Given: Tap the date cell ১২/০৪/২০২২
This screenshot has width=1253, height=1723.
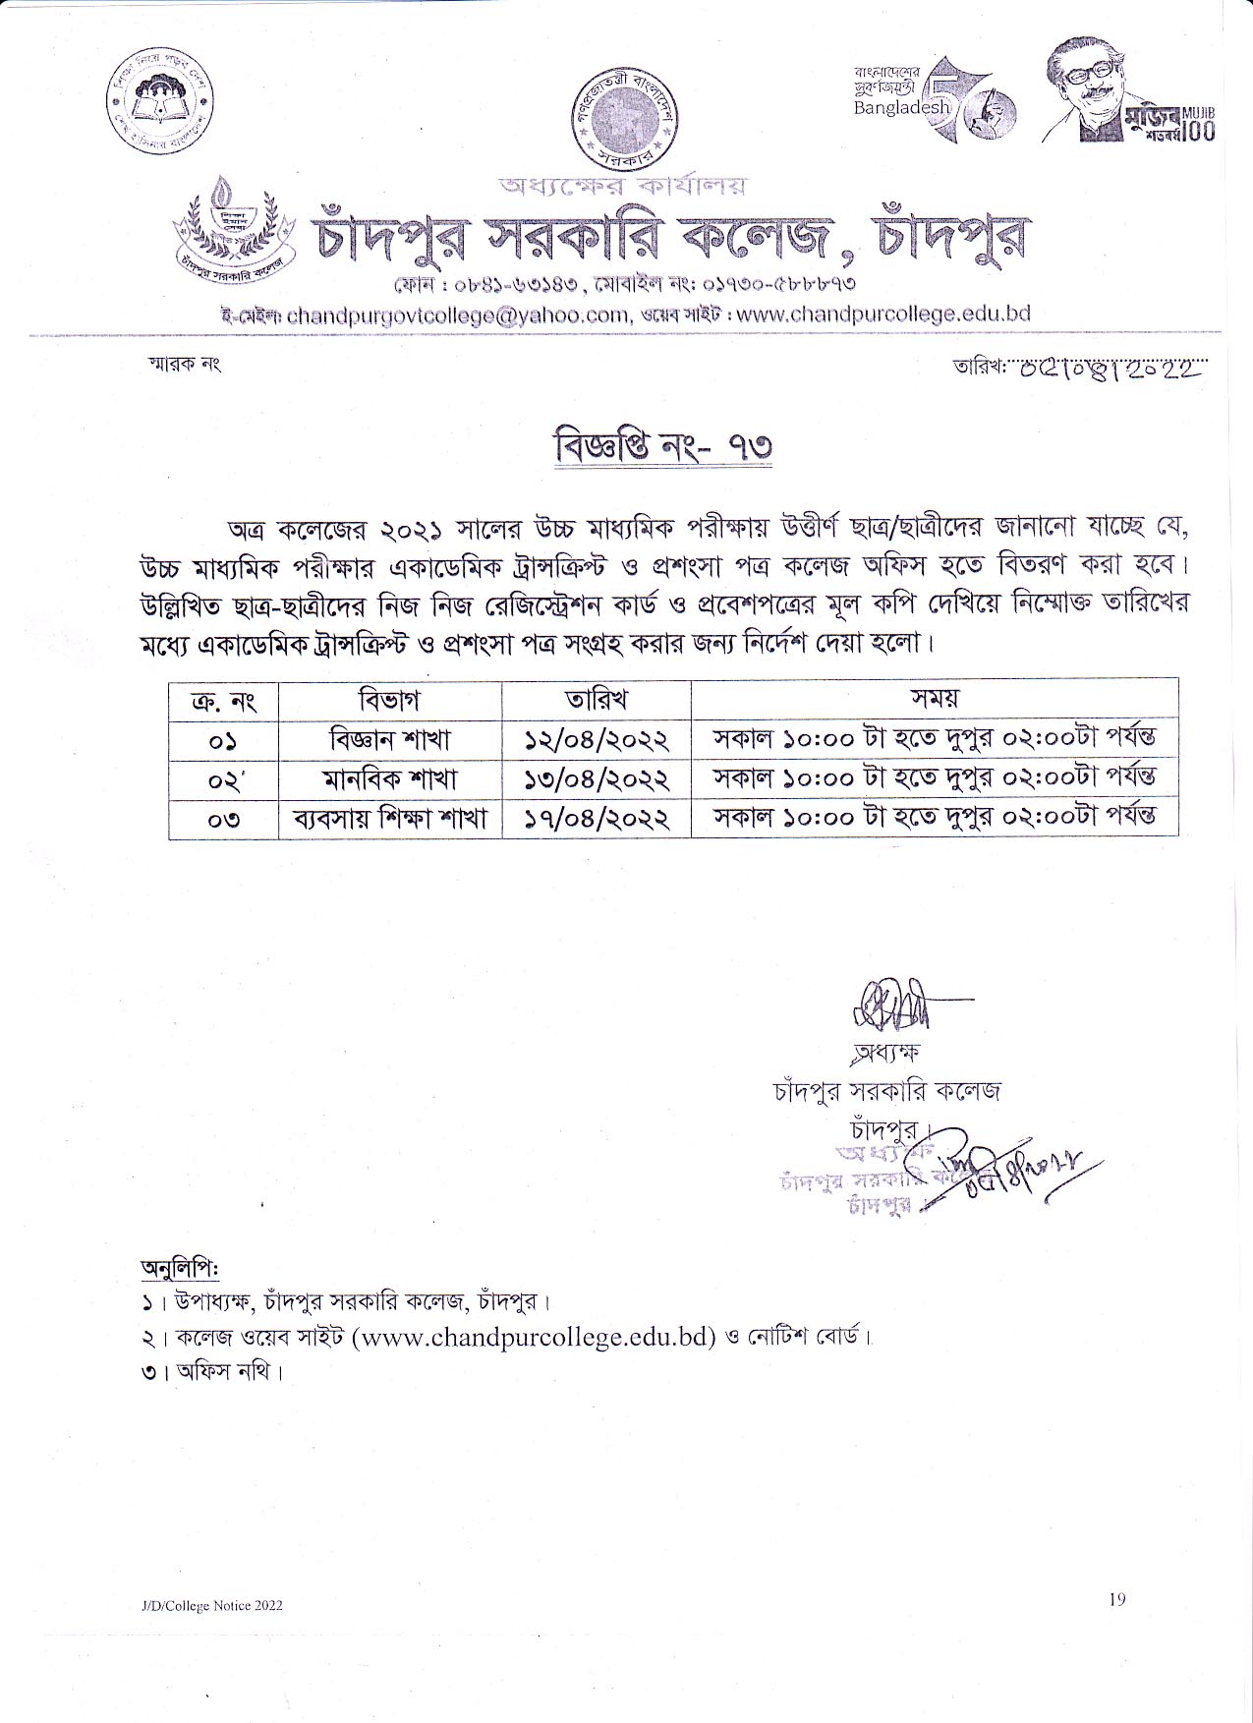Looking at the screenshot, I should (597, 739).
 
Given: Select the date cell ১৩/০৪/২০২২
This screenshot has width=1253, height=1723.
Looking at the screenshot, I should (597, 779).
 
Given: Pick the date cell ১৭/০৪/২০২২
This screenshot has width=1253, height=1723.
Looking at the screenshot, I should (597, 818).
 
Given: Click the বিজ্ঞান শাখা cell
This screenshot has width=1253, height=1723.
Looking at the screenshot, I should (390, 739).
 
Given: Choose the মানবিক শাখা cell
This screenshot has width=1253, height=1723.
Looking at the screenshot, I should (390, 779).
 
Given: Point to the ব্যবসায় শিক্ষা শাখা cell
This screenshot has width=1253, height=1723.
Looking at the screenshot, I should (390, 818).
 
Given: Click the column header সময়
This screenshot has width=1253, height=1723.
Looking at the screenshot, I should (934, 699).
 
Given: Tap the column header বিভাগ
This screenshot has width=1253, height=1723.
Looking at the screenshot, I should (390, 700).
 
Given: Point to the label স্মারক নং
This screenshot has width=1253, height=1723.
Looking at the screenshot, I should (184, 365).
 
